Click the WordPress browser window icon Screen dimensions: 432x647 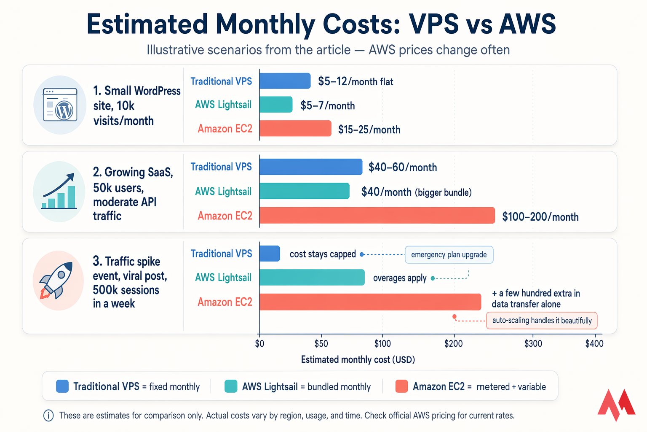click(x=60, y=105)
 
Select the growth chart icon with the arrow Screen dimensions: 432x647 click(x=59, y=192)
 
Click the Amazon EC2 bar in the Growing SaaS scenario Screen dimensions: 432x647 click(x=377, y=216)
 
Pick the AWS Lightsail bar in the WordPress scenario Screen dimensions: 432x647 click(x=276, y=105)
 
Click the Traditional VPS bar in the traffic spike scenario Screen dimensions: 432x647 click(x=270, y=254)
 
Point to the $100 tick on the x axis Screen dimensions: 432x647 click(x=382, y=343)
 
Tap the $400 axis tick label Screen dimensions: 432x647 click(x=594, y=343)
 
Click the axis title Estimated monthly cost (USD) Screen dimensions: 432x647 click(x=358, y=360)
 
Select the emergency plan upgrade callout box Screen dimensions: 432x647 click(x=449, y=255)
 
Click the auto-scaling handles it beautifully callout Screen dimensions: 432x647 click(x=542, y=321)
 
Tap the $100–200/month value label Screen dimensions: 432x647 click(x=540, y=217)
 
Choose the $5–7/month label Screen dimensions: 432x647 click(x=327, y=105)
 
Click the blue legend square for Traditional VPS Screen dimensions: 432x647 click(x=62, y=386)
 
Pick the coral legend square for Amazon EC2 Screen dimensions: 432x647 click(x=401, y=386)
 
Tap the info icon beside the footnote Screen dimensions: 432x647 click(x=48, y=416)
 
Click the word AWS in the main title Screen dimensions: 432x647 click(x=527, y=24)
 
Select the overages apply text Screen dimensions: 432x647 click(x=399, y=278)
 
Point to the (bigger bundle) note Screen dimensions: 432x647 click(x=443, y=193)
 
